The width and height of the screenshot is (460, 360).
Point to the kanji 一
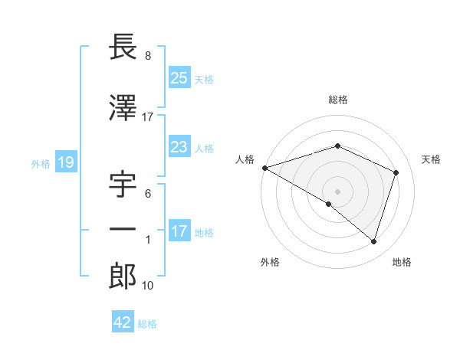click(x=123, y=230)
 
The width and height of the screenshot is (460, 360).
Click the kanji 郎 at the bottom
click(x=123, y=276)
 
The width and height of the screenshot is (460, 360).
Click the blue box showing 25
click(x=179, y=77)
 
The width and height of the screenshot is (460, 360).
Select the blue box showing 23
click(x=179, y=147)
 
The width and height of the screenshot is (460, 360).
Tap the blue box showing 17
click(x=179, y=231)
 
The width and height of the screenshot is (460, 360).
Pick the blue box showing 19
click(x=65, y=162)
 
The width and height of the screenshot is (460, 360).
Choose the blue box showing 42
click(x=123, y=322)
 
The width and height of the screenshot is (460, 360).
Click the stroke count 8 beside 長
click(x=147, y=56)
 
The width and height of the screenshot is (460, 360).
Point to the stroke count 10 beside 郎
click(x=149, y=286)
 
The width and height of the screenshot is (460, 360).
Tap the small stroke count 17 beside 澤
click(x=148, y=116)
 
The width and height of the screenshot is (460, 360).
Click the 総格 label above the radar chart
click(x=337, y=100)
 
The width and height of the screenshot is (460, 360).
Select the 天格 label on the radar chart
click(x=431, y=159)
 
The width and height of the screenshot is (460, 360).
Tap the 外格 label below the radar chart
click(x=270, y=262)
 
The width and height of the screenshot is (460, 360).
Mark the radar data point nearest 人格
click(x=264, y=168)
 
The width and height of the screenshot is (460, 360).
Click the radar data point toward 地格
click(x=373, y=242)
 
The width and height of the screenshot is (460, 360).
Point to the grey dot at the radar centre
click(x=337, y=190)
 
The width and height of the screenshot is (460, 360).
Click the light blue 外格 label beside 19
click(x=40, y=163)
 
